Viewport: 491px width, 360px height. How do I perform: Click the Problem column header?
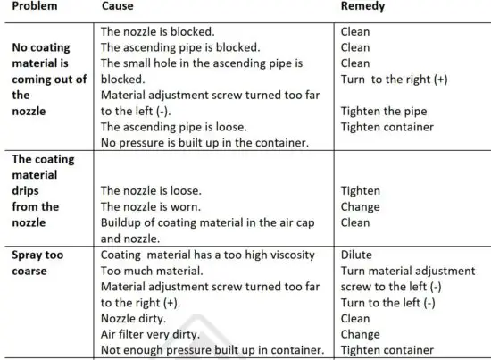[34, 7]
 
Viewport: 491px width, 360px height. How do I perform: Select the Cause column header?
[118, 7]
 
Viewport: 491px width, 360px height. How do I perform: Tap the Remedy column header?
[364, 7]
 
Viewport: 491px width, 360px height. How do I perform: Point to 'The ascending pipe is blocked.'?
[180, 47]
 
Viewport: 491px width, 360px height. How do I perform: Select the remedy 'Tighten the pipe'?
[384, 112]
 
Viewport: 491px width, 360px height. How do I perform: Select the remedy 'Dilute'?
[356, 255]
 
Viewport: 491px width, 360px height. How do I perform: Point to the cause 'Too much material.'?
[150, 271]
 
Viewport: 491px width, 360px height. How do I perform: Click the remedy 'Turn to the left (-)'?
[388, 303]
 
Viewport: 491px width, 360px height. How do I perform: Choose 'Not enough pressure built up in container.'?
[212, 351]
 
